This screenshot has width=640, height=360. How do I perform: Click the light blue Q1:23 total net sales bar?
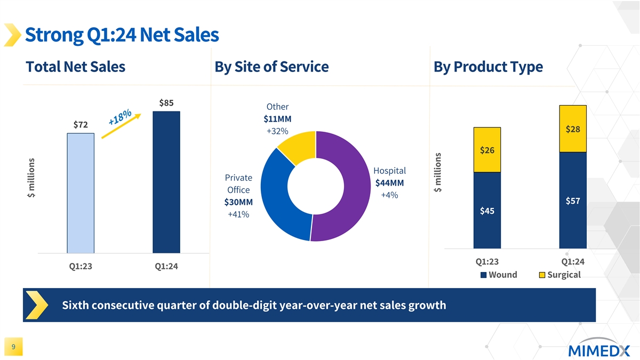(x=81, y=193)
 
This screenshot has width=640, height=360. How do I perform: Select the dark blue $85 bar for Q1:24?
(x=166, y=182)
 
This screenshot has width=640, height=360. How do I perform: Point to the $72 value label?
(x=81, y=124)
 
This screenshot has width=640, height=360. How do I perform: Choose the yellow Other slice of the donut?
(x=296, y=146)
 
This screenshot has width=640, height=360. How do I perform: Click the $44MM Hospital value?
(x=389, y=183)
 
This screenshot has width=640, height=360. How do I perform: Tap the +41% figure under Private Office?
(x=238, y=214)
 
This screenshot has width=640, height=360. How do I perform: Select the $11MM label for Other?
(x=277, y=118)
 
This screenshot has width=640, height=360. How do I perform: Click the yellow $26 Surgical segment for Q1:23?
(x=486, y=150)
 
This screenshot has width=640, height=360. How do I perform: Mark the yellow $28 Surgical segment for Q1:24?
(x=573, y=129)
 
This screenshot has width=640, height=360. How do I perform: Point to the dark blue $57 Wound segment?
(x=573, y=201)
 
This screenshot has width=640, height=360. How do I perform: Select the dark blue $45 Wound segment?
(x=486, y=211)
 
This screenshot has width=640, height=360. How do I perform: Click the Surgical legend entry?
(x=559, y=275)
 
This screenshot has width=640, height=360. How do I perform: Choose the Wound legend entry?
(x=499, y=275)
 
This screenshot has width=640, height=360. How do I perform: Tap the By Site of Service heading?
(x=271, y=67)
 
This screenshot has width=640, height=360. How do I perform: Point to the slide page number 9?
(x=13, y=348)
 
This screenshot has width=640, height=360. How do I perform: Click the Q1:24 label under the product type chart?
(x=573, y=261)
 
